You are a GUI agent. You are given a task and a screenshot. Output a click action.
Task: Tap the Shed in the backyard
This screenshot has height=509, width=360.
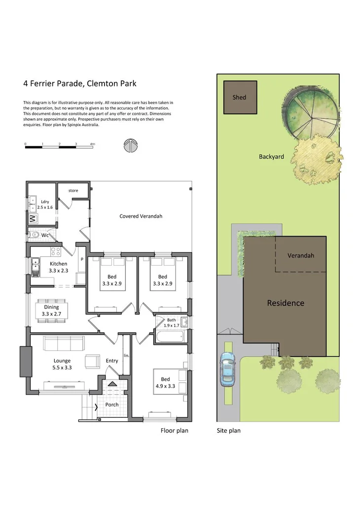click(x=239, y=97)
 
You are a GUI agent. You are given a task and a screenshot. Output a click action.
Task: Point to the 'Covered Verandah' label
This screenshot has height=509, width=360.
click(x=141, y=216)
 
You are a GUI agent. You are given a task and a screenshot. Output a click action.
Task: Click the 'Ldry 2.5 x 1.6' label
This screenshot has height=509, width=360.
click(x=45, y=204)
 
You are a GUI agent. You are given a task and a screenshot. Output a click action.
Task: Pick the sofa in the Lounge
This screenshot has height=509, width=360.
click(x=64, y=342)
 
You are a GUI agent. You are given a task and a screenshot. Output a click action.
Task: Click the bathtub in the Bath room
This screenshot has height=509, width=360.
click(x=169, y=338)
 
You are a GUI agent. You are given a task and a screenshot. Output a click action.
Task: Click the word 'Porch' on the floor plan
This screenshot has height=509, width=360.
click(x=112, y=405)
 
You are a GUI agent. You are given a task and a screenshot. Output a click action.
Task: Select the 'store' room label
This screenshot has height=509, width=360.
click(x=73, y=190)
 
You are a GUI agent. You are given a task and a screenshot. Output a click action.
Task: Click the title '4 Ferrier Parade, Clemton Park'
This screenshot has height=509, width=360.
click(x=80, y=83)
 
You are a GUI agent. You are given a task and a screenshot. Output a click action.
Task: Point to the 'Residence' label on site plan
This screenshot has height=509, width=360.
click(x=286, y=303)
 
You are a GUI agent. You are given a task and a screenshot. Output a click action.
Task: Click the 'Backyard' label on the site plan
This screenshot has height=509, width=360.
click(x=271, y=157)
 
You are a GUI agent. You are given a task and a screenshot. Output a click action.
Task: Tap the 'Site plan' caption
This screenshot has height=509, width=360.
click(x=229, y=430)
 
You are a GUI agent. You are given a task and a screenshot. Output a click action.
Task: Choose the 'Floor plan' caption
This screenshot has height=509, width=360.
click(x=175, y=430)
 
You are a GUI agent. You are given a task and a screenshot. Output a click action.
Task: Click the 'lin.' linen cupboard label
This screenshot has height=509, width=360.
click(x=126, y=355)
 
